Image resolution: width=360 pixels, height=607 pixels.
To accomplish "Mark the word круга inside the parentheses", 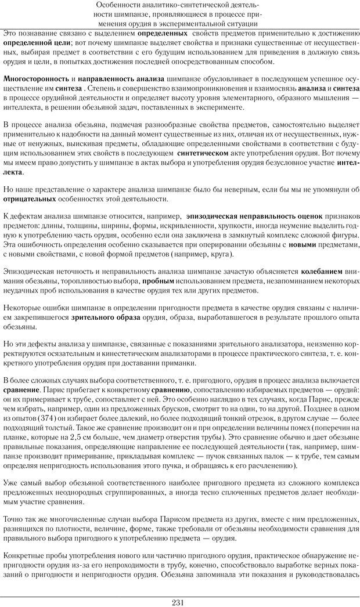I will [x=221, y=255].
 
